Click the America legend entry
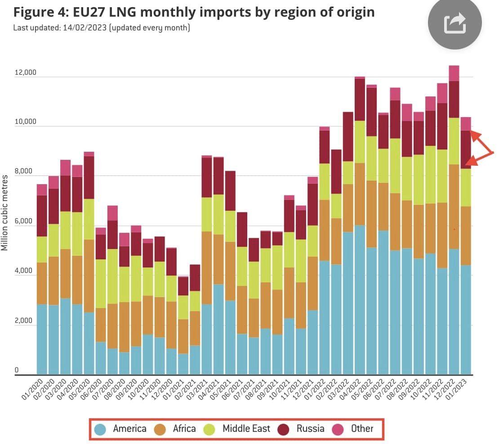pos(120,428)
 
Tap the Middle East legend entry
pos(238,428)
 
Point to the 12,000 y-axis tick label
pos(26,73)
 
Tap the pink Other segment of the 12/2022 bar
pos(454,73)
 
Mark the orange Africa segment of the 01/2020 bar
pos(42,283)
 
